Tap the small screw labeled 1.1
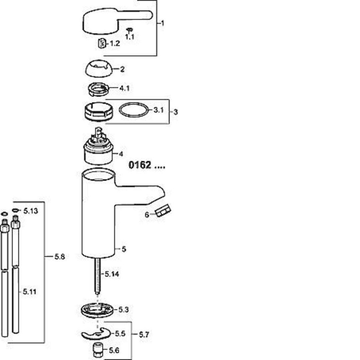point(129,30)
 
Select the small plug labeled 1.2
point(102,43)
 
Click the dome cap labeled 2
point(99,69)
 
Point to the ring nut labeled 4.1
point(98,89)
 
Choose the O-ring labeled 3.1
point(134,110)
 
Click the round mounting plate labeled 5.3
point(97,309)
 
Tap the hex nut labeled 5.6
point(98,351)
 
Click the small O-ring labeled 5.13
point(15,210)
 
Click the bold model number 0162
point(140,165)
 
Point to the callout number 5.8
point(60,256)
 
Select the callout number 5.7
point(144,335)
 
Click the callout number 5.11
point(30,292)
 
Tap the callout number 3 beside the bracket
point(176,112)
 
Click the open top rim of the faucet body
point(98,174)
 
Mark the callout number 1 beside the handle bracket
point(162,23)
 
